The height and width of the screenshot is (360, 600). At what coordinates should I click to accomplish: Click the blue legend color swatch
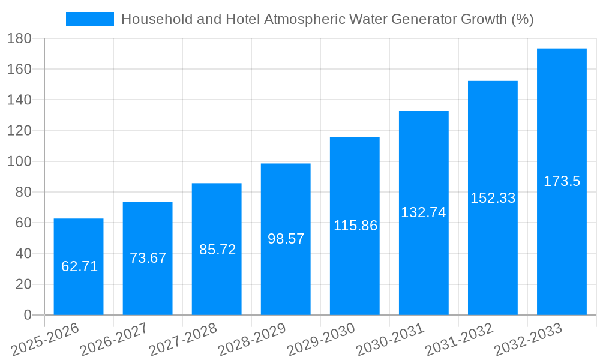[x=89, y=19]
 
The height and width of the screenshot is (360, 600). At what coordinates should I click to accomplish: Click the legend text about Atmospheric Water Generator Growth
[x=327, y=19]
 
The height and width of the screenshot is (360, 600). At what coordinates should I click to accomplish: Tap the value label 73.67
[x=148, y=258]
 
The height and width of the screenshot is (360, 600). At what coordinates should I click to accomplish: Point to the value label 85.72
[x=217, y=250]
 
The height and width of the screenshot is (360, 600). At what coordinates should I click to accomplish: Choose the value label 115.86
[x=355, y=226]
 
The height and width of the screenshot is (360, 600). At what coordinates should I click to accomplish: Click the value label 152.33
[x=493, y=198]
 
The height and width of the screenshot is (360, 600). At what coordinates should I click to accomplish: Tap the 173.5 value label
[x=562, y=181]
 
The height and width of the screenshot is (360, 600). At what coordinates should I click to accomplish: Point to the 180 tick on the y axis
[x=19, y=38]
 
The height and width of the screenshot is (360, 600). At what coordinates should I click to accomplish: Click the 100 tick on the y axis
[x=19, y=161]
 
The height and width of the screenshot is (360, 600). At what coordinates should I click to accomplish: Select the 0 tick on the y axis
[x=27, y=315]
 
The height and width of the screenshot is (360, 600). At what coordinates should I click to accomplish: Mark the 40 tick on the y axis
[x=23, y=253]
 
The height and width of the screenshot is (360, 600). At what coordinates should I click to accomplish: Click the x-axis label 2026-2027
[x=114, y=340]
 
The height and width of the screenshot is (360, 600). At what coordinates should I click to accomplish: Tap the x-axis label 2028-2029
[x=252, y=340]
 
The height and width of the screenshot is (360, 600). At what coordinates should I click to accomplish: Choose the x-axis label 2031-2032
[x=459, y=340]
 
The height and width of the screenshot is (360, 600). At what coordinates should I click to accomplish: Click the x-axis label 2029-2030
[x=321, y=340]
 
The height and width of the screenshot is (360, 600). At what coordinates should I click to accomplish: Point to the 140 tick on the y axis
[x=19, y=100]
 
